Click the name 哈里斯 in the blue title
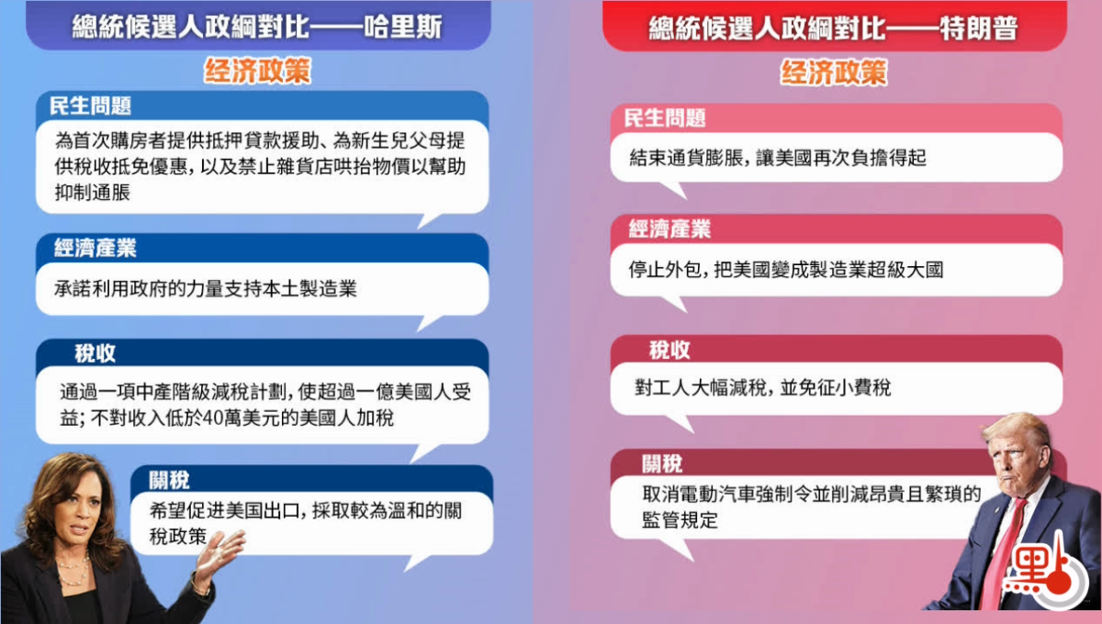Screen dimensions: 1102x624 [402, 27]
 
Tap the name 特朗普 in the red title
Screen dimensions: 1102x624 [979, 28]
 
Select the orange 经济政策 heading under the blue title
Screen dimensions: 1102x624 [257, 71]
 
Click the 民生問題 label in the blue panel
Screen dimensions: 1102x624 [91, 106]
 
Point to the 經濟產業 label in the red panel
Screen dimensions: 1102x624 [669, 229]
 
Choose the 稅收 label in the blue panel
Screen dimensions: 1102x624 [95, 353]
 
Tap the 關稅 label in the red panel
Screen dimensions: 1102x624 [662, 463]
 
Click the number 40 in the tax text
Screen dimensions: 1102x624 [213, 418]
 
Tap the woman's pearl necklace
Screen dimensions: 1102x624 [73, 570]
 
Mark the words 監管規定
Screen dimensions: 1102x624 [680, 519]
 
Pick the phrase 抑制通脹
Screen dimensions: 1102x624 [93, 193]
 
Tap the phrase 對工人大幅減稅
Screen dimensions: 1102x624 [701, 387]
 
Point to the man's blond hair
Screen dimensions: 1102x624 [1016, 433]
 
